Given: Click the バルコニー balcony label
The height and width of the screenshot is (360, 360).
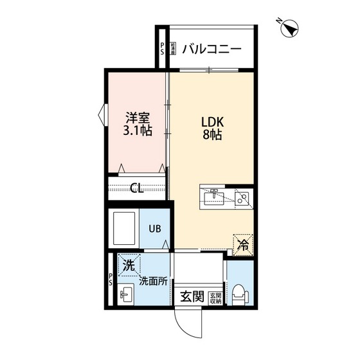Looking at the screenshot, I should (211, 49).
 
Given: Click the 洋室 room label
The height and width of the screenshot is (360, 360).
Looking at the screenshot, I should (137, 118).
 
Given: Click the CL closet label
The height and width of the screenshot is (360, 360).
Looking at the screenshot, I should (136, 188).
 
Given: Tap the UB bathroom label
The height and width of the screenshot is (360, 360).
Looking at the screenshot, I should (156, 228).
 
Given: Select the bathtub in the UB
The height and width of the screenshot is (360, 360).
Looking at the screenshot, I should (125, 228).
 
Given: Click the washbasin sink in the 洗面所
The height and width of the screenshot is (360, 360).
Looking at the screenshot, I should (126, 296).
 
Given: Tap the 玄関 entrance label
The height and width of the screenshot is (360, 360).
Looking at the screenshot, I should (192, 297).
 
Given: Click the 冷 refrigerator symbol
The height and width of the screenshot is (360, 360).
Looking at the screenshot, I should (243, 244).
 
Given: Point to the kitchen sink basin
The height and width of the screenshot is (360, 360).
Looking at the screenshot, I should (213, 199).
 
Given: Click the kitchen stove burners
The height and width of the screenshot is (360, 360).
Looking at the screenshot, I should (243, 199).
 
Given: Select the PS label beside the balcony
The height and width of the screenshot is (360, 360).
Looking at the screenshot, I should (163, 49).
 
